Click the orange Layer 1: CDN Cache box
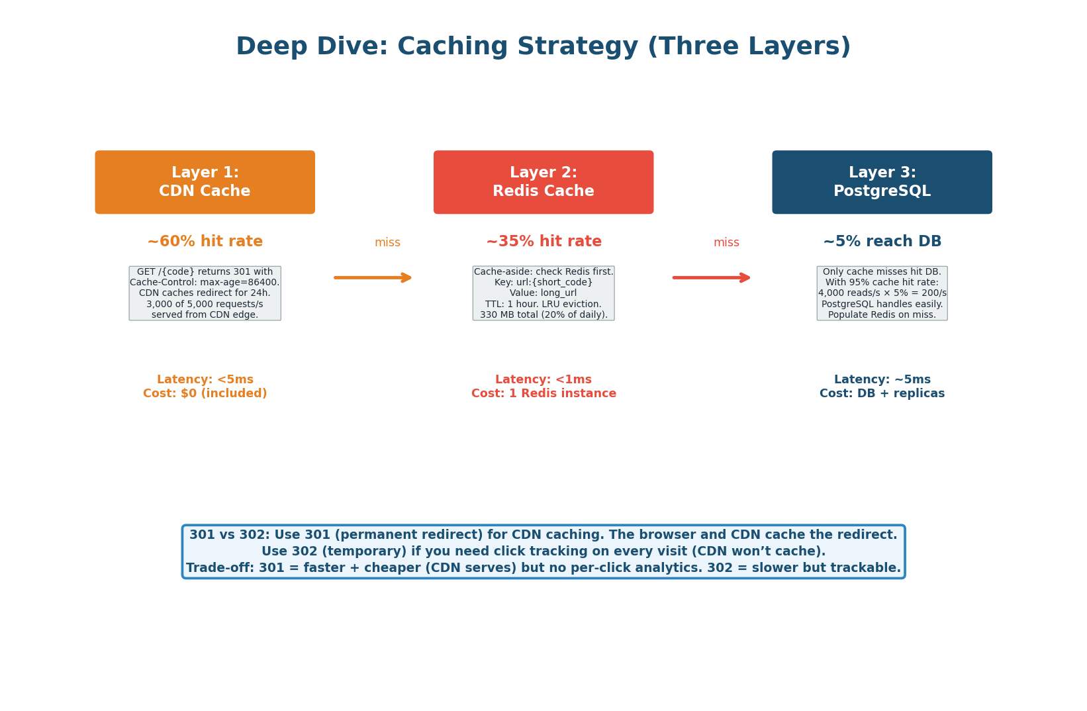tap(205, 182)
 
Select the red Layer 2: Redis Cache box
tap(543, 182)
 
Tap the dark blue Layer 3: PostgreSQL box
tap(882, 182)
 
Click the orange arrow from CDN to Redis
tap(373, 277)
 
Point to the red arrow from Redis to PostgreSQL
tap(712, 277)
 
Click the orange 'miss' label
tap(387, 243)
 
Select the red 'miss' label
tap(726, 243)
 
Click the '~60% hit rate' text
tap(205, 242)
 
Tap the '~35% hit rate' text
tap(543, 242)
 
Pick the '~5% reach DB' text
tap(882, 242)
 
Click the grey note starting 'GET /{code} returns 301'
tap(205, 293)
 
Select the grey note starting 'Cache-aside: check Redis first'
tap(543, 293)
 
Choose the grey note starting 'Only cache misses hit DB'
tap(882, 293)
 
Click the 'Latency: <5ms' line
tap(205, 380)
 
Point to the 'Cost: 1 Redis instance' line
tap(543, 394)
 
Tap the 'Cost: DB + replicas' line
tap(882, 394)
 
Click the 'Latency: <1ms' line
tap(543, 380)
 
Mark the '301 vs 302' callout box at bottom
tap(543, 551)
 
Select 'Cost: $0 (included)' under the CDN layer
tap(205, 394)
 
